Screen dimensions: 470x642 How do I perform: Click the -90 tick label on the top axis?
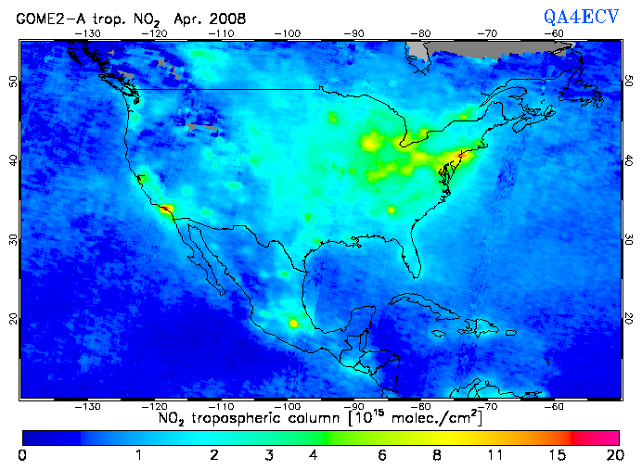coord(355,32)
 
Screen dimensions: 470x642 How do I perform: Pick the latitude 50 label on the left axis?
coord(13,83)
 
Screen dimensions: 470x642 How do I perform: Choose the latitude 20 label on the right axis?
coord(629,318)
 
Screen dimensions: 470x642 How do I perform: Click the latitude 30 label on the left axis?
coord(13,239)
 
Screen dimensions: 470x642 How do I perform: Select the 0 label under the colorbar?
coord(22,455)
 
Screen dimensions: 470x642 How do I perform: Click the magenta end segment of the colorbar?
coord(598,437)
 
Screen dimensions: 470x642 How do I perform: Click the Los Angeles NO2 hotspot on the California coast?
coord(166,210)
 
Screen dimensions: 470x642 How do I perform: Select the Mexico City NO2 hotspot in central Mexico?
coord(295,324)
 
